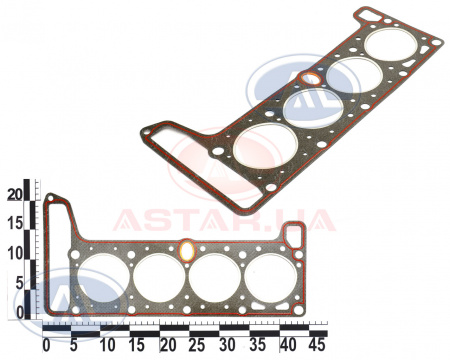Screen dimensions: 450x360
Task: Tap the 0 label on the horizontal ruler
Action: pos(46,345)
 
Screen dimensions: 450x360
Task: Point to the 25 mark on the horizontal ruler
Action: pos(197,345)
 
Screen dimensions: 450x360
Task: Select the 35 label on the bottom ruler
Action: pos(257,345)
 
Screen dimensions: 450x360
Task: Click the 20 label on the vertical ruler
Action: pos(15,194)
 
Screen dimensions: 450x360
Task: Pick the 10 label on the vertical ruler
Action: pos(16,254)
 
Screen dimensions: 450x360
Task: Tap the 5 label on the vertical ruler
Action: pos(19,283)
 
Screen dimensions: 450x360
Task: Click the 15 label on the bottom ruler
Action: pos(137,345)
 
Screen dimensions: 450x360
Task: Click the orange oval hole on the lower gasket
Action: pos(187,251)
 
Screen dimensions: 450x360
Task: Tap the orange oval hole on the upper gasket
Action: pos(311,79)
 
